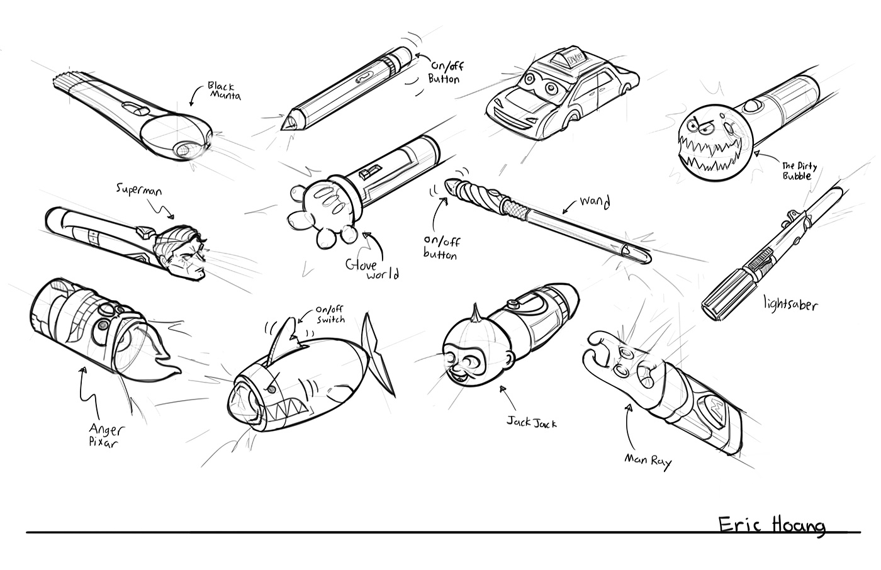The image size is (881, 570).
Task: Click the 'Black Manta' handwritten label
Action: [224, 91]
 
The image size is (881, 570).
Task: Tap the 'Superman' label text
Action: [139, 190]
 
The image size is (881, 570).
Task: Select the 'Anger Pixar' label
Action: [106, 435]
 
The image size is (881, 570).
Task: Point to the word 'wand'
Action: [595, 202]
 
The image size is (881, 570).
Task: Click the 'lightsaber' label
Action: [790, 304]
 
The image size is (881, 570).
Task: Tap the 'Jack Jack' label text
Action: [531, 422]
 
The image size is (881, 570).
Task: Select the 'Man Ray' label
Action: [648, 461]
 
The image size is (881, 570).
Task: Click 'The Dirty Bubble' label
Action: [799, 171]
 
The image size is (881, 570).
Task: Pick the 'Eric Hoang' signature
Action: [772, 525]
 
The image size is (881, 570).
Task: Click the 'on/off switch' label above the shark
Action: [330, 315]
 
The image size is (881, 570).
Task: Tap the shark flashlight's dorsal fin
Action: [289, 338]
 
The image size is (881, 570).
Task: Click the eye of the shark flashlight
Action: [271, 389]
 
